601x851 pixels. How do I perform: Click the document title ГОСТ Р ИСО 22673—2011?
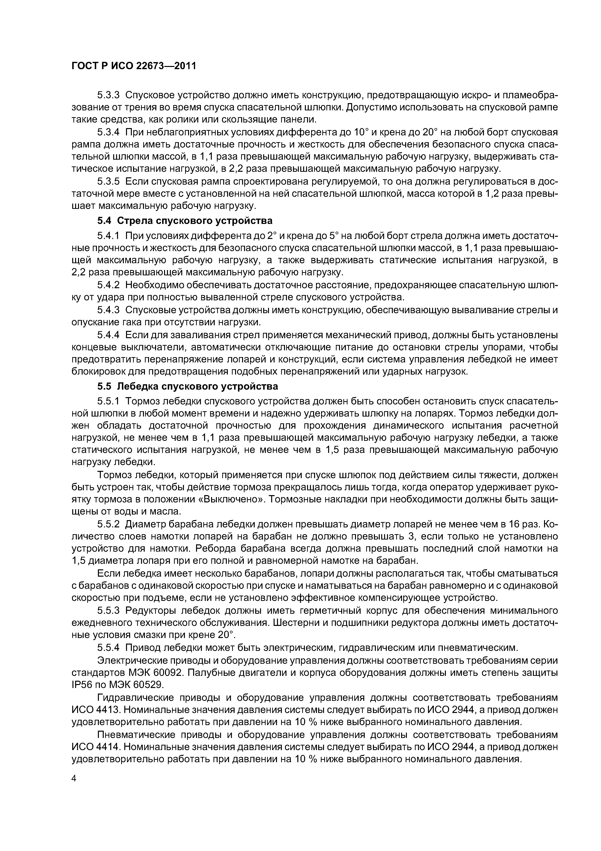point(133,66)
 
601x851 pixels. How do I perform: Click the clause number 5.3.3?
point(109,95)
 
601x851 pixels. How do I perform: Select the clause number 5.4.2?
point(109,285)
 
